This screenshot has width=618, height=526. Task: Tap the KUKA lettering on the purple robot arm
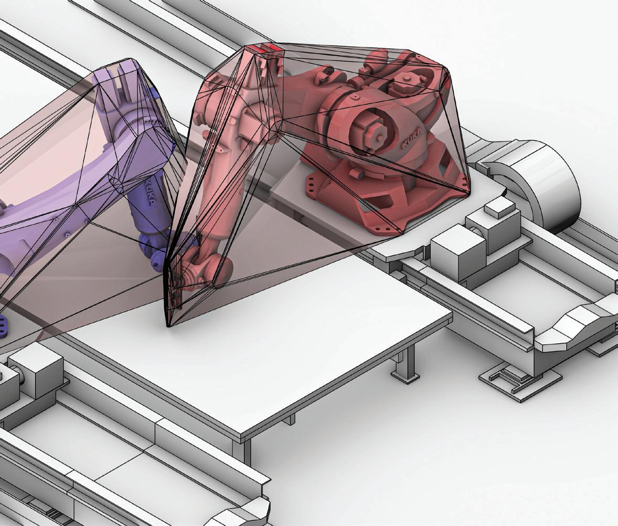pos(151,193)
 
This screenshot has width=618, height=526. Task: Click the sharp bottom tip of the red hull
pos(168,325)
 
